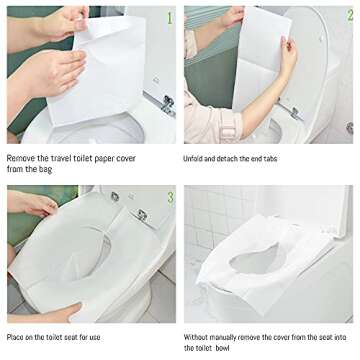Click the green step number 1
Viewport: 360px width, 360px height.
(x=168, y=17)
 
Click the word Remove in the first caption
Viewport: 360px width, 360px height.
(x=23, y=158)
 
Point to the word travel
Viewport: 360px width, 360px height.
(x=68, y=158)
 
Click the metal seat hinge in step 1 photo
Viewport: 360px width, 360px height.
(x=166, y=103)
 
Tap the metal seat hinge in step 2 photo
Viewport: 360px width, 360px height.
(x=295, y=112)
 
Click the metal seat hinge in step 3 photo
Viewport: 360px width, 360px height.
(x=143, y=214)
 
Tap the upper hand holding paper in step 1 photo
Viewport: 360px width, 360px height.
(x=64, y=22)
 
